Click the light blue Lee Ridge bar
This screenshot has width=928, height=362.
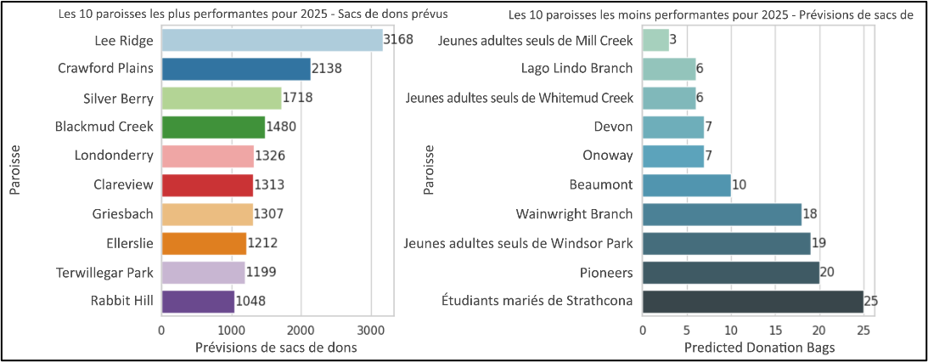point(272,40)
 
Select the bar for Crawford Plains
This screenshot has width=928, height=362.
point(236,69)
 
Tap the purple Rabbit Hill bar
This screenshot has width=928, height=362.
point(198,301)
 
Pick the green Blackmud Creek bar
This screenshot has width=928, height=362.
point(213,127)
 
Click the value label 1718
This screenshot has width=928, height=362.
point(298,98)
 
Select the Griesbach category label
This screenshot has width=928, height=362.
point(123,214)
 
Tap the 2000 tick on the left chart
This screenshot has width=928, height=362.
point(301,329)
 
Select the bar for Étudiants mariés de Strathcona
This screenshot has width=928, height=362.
point(752,301)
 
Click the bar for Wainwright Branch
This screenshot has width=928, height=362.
point(722,214)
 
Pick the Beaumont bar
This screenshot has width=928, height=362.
point(686,185)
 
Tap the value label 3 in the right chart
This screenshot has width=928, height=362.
point(672,40)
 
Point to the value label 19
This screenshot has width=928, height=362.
point(818,243)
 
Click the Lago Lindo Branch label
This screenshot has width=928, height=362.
point(576,69)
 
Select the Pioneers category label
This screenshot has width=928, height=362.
point(606,272)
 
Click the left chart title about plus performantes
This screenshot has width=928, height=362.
point(252,15)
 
